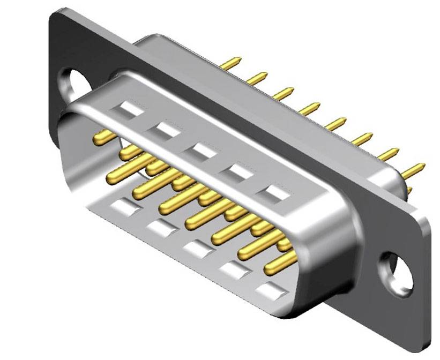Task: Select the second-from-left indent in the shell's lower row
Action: (160, 228)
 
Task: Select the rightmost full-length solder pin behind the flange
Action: (414, 170)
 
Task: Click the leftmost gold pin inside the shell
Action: (105, 138)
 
